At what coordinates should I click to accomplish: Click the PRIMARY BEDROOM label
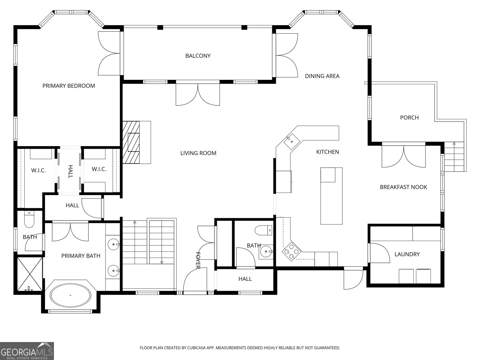tap(69, 86)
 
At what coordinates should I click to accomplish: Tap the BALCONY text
tap(198, 56)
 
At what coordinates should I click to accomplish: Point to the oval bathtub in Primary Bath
tap(70, 295)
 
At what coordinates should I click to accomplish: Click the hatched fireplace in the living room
tap(131, 142)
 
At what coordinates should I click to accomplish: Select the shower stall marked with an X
tap(30, 274)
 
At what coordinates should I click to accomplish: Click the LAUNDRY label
tap(407, 254)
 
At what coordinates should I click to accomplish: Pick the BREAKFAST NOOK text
tap(403, 187)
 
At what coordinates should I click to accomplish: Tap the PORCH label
tap(409, 118)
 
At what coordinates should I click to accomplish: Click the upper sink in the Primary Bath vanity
tap(114, 244)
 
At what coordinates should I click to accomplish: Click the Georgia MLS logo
tap(27, 351)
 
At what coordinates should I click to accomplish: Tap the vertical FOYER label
tap(198, 260)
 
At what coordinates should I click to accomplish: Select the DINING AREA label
tap(322, 76)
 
